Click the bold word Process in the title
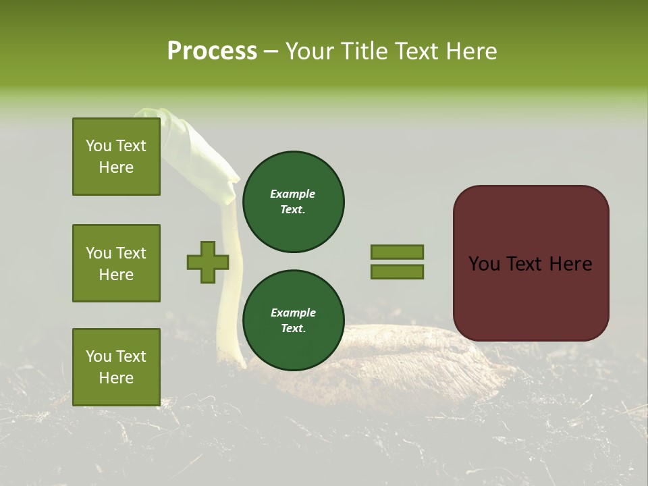[212, 51]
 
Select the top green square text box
[116, 157]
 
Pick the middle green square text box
[116, 263]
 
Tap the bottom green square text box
[116, 367]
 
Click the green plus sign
[208, 262]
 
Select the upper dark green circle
[294, 201]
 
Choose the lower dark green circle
[294, 320]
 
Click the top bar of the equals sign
[397, 252]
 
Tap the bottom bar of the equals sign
[397, 271]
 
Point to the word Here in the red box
[570, 264]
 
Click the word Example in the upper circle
[293, 194]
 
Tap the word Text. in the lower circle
[293, 329]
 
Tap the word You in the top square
[99, 146]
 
